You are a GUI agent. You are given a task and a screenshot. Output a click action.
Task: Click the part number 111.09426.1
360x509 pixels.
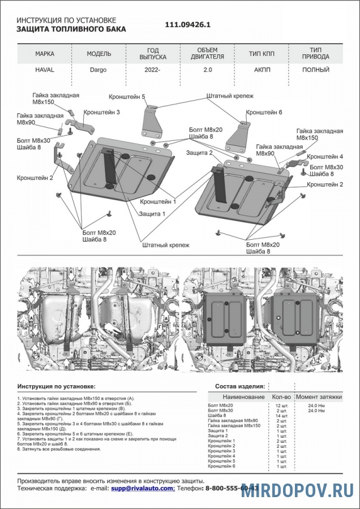click(x=188, y=25)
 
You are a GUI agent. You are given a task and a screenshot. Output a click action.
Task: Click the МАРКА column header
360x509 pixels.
click(x=45, y=54)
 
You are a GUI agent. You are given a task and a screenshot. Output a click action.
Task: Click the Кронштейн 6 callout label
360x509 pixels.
click(x=264, y=112)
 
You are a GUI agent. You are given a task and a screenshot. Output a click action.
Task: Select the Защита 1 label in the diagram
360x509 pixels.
click(x=152, y=214)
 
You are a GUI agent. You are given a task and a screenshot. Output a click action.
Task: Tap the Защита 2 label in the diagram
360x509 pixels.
click(x=199, y=153)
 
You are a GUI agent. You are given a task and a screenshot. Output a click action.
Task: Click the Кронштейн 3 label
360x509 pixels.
click(x=102, y=112)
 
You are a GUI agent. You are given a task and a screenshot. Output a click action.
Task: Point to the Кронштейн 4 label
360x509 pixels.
click(x=325, y=156)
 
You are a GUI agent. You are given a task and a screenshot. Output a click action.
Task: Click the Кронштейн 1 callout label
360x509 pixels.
click(x=158, y=201)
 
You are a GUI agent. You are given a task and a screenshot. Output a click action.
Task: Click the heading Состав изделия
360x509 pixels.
click(x=240, y=386)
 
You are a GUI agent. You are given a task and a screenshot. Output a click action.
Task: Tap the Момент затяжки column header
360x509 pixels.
click(x=319, y=397)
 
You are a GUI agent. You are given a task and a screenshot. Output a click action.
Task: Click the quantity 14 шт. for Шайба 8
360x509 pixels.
click(x=281, y=416)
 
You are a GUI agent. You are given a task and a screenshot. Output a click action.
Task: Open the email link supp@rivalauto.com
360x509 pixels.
click(x=142, y=488)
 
